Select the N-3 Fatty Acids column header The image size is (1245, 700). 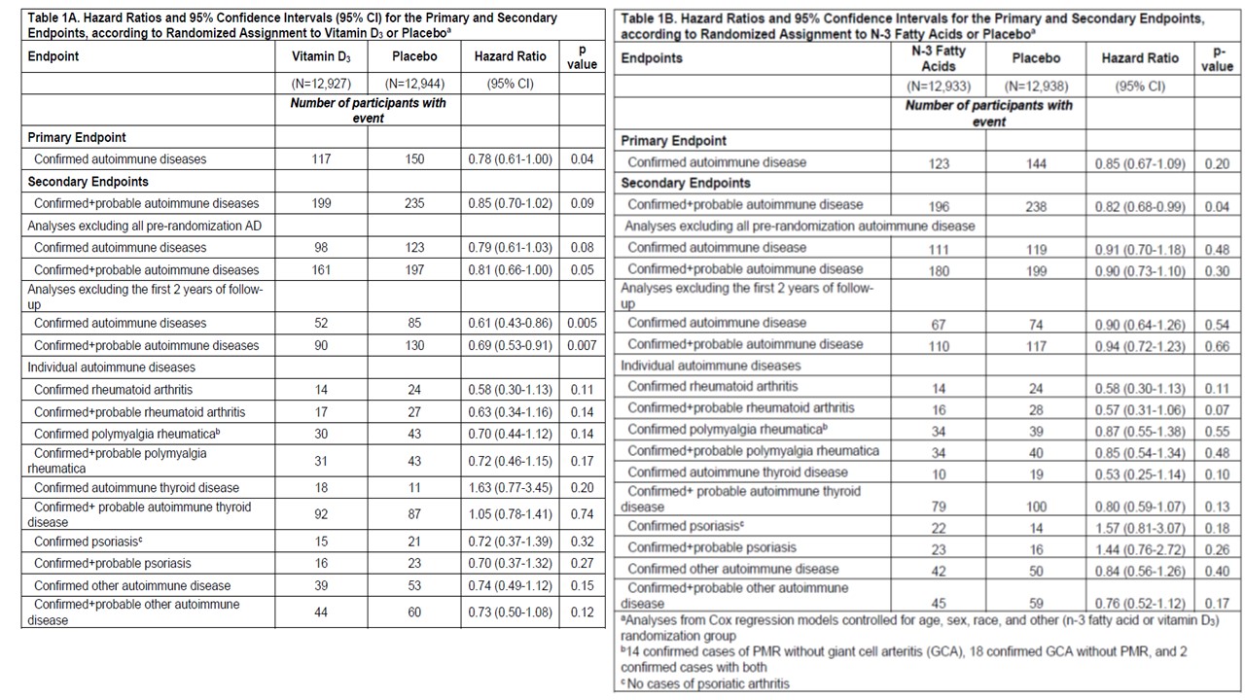[939, 58]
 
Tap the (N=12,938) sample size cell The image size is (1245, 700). [1036, 86]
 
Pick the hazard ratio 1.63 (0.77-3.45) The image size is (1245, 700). [511, 488]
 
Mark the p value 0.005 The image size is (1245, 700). [582, 323]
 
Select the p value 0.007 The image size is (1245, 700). [582, 345]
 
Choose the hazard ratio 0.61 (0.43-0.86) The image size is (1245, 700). [511, 323]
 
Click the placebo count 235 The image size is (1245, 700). [414, 204]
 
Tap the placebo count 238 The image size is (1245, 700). [1036, 205]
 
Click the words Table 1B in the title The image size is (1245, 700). [653, 19]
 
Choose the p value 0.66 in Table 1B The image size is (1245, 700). [1216, 344]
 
